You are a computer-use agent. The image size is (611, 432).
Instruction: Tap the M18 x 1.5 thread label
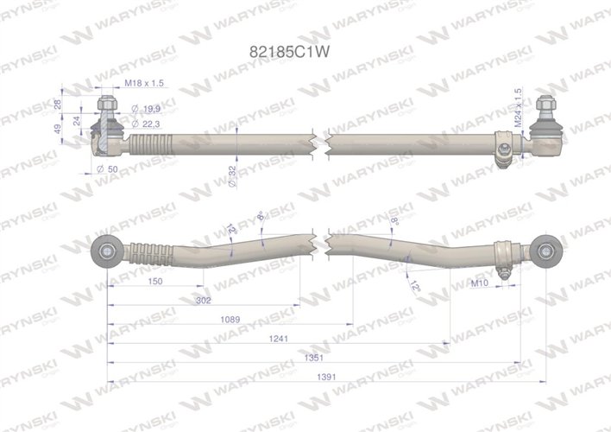(143, 83)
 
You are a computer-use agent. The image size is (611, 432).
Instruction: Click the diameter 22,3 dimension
(148, 124)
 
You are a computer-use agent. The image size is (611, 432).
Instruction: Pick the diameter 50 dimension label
(107, 168)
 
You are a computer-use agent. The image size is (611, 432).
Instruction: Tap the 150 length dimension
(155, 283)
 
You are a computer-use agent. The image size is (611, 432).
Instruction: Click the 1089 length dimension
(229, 320)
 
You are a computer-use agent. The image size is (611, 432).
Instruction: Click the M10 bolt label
(482, 283)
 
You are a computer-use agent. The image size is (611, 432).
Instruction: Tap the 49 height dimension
(56, 129)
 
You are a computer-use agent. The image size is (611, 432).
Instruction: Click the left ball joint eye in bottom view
(106, 251)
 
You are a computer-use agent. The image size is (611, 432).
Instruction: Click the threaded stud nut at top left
(105, 106)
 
